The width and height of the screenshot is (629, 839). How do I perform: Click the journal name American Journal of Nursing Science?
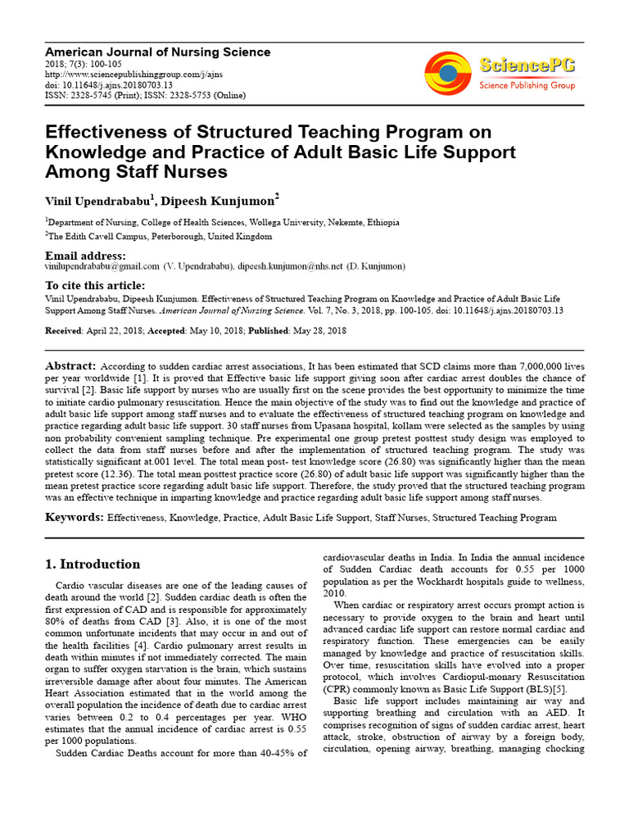(x=157, y=52)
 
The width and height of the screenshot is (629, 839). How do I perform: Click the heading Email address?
(x=85, y=256)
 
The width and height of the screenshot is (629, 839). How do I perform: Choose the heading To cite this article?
(x=94, y=286)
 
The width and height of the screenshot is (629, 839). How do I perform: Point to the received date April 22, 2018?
(x=111, y=329)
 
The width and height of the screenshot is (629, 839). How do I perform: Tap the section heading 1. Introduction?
(x=92, y=564)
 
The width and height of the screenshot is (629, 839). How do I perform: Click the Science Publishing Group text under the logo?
(x=527, y=85)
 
